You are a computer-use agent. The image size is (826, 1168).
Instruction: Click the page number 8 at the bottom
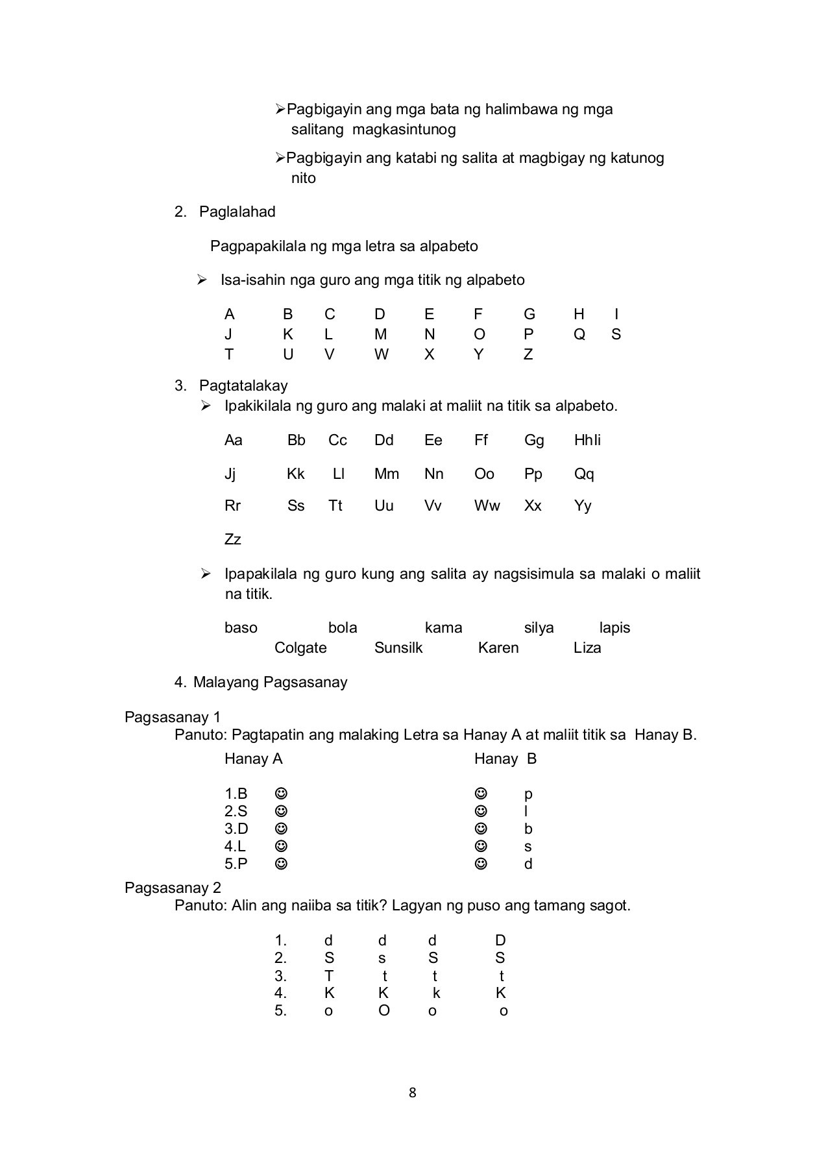[412, 1093]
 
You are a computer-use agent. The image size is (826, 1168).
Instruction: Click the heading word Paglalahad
[237, 212]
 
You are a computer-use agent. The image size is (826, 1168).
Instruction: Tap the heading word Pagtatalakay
[243, 386]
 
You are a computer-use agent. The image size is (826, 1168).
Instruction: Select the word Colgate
[300, 648]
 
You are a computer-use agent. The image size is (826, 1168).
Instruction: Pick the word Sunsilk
[398, 648]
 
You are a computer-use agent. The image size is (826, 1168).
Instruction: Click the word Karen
[498, 648]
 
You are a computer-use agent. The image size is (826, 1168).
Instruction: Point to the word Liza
[587, 648]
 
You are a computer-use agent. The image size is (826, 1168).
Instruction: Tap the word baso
[241, 628]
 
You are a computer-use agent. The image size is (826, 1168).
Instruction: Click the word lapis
[614, 628]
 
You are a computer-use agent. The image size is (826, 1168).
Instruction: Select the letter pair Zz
[232, 540]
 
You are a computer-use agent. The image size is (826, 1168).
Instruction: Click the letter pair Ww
[487, 506]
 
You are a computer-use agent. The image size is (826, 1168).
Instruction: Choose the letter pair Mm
[387, 474]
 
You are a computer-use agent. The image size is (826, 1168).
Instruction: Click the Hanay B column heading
[505, 759]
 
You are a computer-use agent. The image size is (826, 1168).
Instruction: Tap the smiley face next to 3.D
[281, 829]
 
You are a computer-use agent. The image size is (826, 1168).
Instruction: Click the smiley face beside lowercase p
[481, 794]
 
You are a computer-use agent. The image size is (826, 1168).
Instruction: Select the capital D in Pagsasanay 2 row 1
[500, 941]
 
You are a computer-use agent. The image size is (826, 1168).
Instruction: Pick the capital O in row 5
[384, 1011]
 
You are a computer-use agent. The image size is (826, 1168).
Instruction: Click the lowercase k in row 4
[436, 993]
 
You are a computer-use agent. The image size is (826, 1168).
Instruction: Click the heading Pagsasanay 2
[173, 888]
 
